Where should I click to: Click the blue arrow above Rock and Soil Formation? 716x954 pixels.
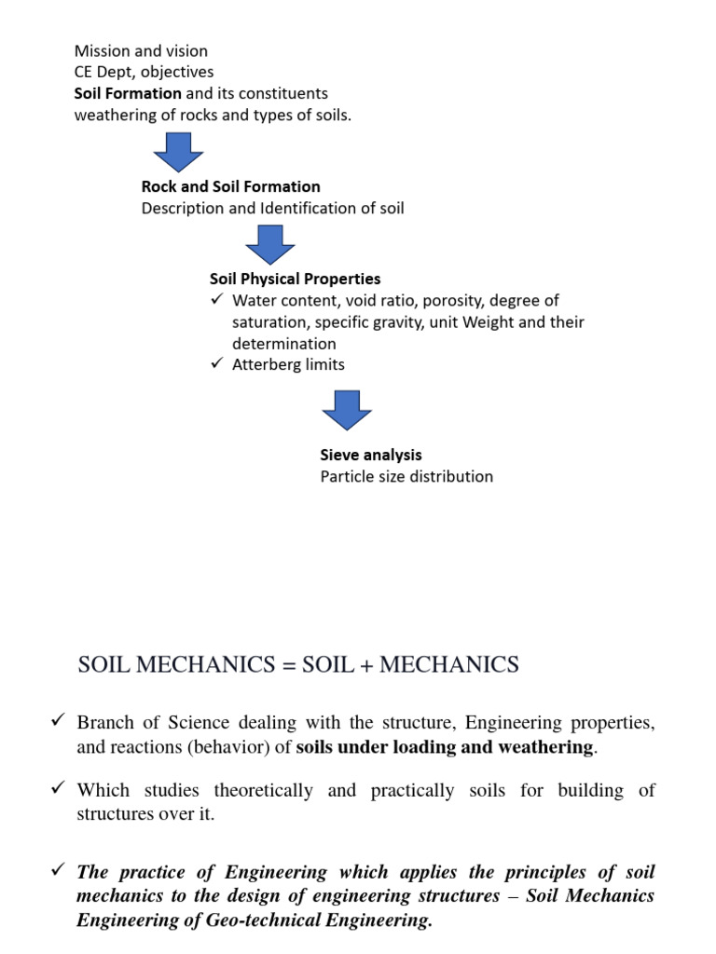[177, 152]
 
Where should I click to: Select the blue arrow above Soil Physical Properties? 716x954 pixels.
[270, 245]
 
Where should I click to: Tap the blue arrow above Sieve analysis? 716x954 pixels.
[347, 410]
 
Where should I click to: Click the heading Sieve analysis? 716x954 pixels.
[371, 455]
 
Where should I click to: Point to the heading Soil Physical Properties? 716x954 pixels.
[295, 279]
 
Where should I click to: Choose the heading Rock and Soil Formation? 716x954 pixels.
[230, 186]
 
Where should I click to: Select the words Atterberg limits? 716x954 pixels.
[288, 364]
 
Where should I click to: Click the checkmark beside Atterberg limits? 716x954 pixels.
[217, 364]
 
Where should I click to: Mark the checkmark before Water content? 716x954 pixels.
[217, 300]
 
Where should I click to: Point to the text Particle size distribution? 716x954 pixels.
[406, 476]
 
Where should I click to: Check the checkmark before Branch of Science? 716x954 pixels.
[58, 722]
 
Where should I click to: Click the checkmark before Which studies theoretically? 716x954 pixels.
[58, 789]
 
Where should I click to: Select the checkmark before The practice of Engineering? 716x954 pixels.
[58, 871]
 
